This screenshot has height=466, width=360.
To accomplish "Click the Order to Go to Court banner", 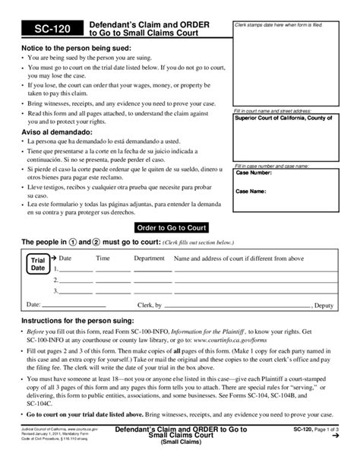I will point(171,227).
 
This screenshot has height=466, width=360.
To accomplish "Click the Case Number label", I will point(254,173).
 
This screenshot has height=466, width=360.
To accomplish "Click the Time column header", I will point(102,258).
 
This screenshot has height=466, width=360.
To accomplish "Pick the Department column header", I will point(149,258).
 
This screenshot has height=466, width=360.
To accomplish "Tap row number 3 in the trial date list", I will point(56,290).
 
